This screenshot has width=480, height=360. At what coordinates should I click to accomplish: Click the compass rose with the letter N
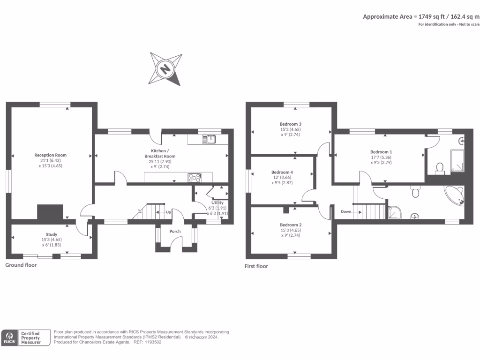click(x=165, y=68)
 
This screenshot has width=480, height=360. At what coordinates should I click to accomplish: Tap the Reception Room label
click(x=50, y=155)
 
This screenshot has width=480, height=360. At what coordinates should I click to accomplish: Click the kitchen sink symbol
click(x=209, y=139)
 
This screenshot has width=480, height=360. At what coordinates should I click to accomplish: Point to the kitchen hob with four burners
click(x=194, y=177)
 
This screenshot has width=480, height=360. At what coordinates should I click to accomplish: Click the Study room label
click(x=52, y=234)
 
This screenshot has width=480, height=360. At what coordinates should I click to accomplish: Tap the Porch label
click(x=175, y=231)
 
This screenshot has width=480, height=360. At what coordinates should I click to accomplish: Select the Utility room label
click(x=217, y=202)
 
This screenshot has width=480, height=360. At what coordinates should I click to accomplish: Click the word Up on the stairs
click(x=168, y=212)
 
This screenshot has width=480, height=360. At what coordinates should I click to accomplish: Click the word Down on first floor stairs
click(x=346, y=211)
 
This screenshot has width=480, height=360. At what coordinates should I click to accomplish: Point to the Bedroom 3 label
click(x=290, y=124)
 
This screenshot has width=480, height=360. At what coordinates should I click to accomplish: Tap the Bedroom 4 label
click(x=282, y=172)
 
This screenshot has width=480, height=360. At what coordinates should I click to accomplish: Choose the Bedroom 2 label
click(x=291, y=225)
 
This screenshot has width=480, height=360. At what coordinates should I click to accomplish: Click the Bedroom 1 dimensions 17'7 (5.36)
click(x=381, y=157)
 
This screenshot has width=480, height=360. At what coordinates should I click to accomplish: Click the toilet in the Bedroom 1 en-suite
click(x=440, y=167)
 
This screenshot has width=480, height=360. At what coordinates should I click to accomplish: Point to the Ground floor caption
click(x=21, y=265)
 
